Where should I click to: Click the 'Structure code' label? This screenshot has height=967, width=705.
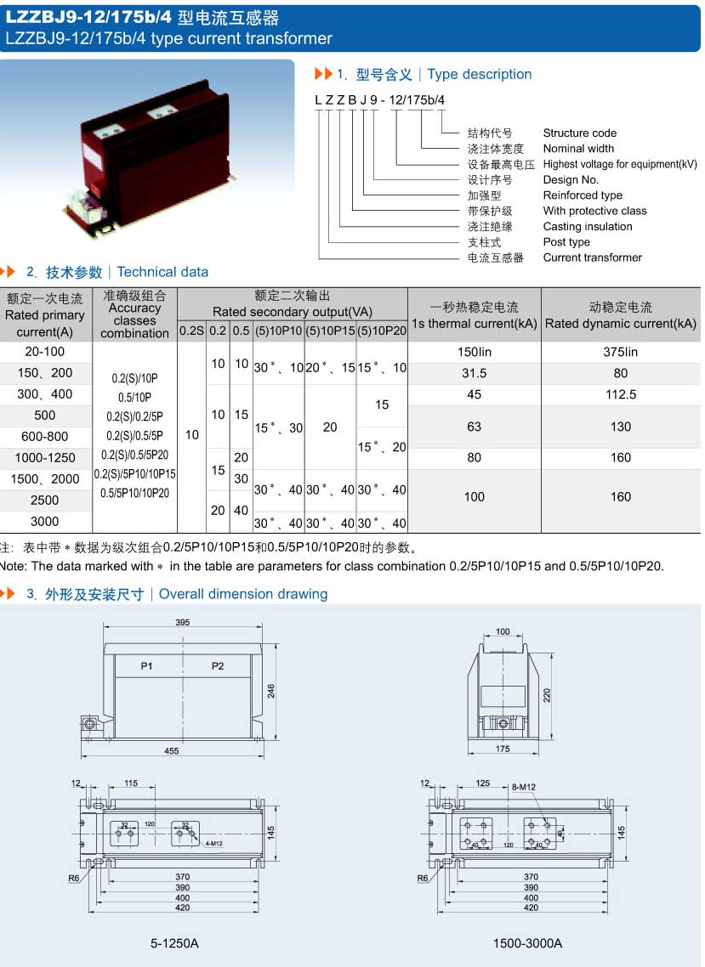[579, 133]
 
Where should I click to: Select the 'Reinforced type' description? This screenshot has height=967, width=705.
[583, 195]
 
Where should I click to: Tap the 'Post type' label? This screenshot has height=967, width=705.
[566, 242]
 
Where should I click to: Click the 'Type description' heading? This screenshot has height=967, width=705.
[480, 75]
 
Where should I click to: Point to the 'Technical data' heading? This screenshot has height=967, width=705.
[162, 272]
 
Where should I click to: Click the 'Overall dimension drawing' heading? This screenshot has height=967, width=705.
[243, 594]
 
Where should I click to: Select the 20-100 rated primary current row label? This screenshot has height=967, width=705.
[45, 352]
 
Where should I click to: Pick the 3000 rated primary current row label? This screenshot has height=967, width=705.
[45, 521]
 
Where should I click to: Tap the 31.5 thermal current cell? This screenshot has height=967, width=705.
[474, 373]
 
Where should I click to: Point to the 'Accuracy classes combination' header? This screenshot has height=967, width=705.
[134, 314]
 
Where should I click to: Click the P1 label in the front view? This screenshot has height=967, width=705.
[147, 666]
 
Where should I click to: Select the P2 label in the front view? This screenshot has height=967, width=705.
[218, 666]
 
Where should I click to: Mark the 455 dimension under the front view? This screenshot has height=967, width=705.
[172, 750]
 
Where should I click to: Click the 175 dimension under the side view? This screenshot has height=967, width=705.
[503, 749]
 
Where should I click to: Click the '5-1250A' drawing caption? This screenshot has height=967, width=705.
[174, 943]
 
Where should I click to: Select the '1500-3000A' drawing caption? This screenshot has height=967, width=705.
[527, 943]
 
